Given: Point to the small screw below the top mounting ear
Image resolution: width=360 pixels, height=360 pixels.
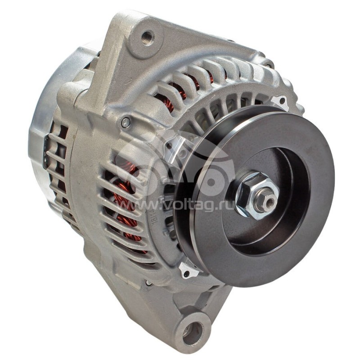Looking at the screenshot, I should (126, 121).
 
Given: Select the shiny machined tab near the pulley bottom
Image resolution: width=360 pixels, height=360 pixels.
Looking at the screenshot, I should (188, 270).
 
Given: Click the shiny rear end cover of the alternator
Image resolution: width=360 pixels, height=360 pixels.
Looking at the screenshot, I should (43, 117).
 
